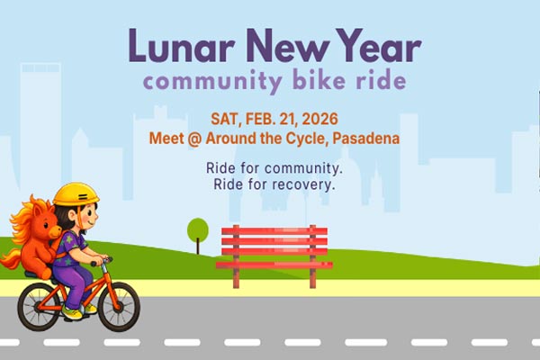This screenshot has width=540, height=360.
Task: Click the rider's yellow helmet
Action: pos(76,193)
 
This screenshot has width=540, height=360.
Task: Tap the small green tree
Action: pos(198,230)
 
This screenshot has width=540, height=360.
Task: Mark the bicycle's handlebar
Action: pos(103,260)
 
